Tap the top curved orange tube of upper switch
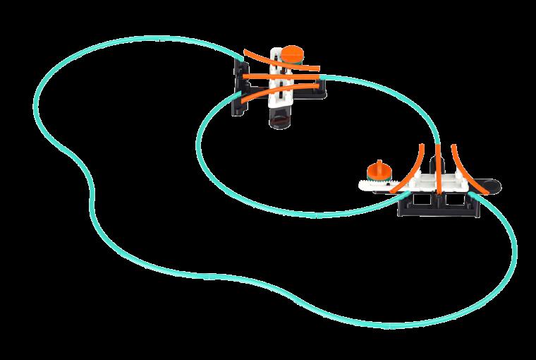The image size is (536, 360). [x=268, y=61]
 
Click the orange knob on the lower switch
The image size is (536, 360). [x=379, y=172]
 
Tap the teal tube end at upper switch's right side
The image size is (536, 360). [x=322, y=76]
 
